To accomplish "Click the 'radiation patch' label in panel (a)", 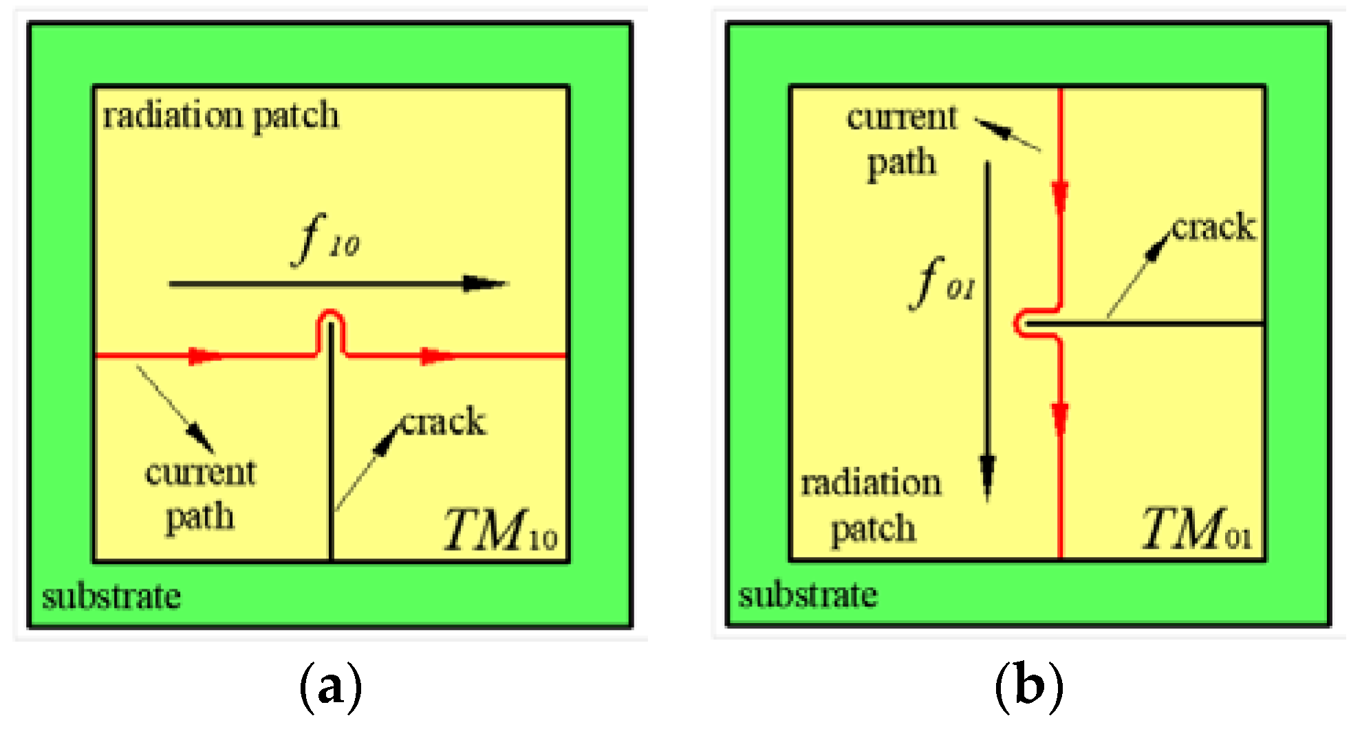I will pyautogui.click(x=220, y=116).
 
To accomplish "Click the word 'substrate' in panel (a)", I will pyautogui.click(x=111, y=596).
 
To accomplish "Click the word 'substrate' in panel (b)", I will pyautogui.click(x=808, y=595).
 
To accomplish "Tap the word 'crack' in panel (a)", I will pyautogui.click(x=444, y=422).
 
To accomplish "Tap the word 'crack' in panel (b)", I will pyautogui.click(x=1214, y=228).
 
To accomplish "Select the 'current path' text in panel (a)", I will pyautogui.click(x=200, y=493).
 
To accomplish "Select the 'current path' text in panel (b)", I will pyautogui.click(x=902, y=140).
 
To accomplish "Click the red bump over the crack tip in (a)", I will pyautogui.click(x=331, y=318).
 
